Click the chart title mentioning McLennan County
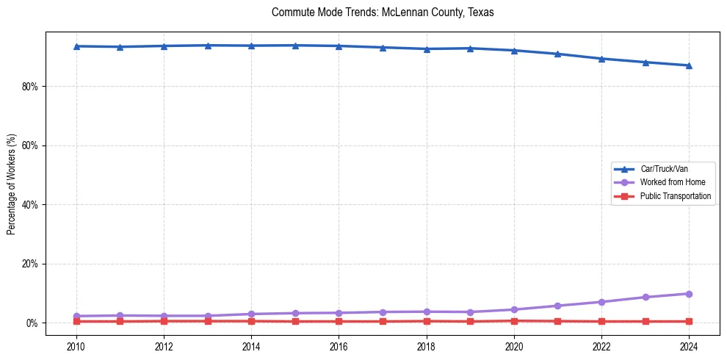[383, 12]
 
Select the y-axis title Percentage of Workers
[11, 184]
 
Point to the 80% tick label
[30, 87]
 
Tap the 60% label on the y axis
[30, 145]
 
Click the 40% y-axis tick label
[30, 205]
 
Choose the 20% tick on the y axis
[30, 264]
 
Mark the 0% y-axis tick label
[33, 323]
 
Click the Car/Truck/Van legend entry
[664, 169]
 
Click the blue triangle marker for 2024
[689, 65]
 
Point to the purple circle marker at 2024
[689, 294]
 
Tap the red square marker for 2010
[76, 321]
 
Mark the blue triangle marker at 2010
[76, 46]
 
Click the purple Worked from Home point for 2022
[601, 302]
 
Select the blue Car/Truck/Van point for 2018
[427, 49]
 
